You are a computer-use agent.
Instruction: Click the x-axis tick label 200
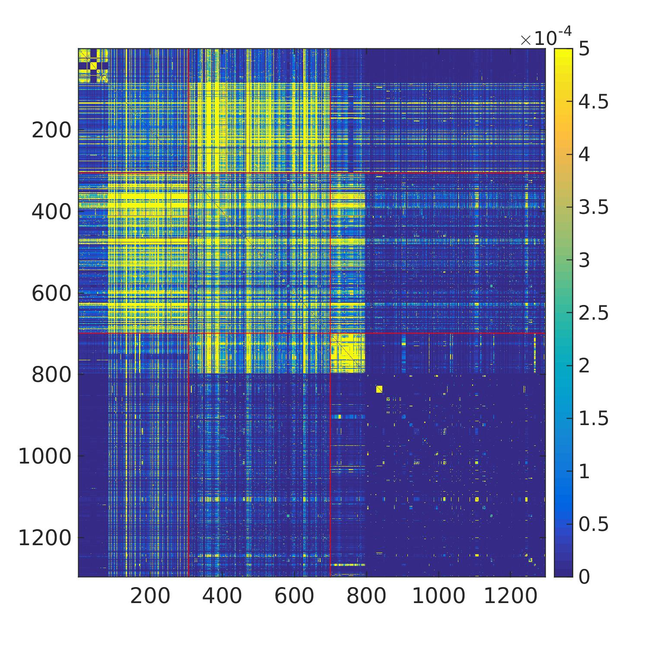pos(150,597)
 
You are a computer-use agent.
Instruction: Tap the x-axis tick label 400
pos(222,597)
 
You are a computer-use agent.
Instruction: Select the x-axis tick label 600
pos(294,597)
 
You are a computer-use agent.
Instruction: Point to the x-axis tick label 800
pos(366,597)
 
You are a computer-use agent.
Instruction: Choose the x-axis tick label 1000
pos(438,597)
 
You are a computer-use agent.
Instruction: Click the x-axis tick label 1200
pos(511,597)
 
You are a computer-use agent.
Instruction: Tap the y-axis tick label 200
pos(51,130)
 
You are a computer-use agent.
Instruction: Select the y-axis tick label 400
pos(51,212)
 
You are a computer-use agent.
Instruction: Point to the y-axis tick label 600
pos(51,293)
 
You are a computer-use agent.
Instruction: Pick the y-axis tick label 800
pos(51,375)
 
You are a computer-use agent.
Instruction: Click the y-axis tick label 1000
pos(44,456)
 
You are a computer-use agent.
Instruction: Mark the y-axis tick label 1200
pos(44,538)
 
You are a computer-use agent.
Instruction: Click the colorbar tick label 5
pos(584,49)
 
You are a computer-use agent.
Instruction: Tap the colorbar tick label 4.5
pos(594,102)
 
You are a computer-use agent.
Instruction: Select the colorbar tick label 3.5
pos(594,207)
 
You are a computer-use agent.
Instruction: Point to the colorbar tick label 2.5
pos(594,313)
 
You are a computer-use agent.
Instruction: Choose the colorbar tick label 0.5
pos(594,524)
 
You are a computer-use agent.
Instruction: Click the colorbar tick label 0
pos(584,577)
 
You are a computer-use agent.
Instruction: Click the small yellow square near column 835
pos(379,389)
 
